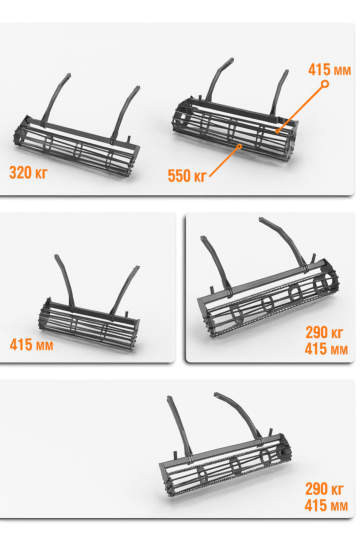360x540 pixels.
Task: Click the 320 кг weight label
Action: (x=28, y=172)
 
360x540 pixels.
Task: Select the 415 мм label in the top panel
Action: (x=329, y=70)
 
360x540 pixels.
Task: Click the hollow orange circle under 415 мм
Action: (x=325, y=84)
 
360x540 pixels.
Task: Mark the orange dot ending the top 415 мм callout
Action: (x=277, y=131)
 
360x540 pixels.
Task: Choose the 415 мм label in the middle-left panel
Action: (x=31, y=345)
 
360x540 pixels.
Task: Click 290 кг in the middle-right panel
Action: (x=324, y=333)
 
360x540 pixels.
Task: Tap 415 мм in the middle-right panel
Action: (x=326, y=349)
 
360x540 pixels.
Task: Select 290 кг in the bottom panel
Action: (x=324, y=489)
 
